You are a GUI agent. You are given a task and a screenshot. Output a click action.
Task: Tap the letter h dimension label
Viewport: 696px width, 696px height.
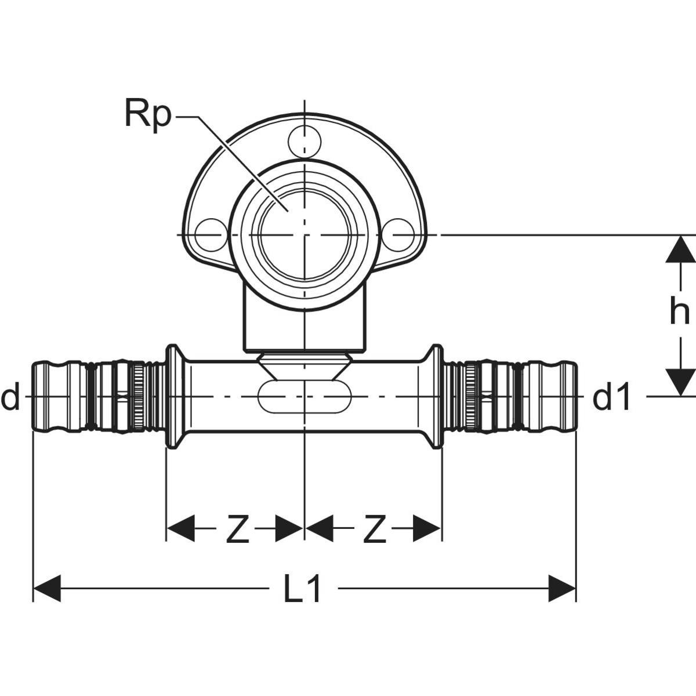pyautogui.click(x=679, y=312)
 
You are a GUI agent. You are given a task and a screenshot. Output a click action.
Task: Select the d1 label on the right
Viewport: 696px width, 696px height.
pyautogui.click(x=611, y=399)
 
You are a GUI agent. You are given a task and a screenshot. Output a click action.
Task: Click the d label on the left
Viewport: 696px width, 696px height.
pyautogui.click(x=10, y=398)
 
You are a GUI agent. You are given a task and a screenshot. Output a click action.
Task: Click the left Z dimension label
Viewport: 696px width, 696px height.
pyautogui.click(x=237, y=530)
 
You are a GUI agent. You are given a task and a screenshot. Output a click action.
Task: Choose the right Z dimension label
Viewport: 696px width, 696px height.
pyautogui.click(x=374, y=530)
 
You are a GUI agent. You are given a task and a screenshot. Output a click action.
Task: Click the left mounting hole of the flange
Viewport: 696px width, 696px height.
pyautogui.click(x=209, y=234)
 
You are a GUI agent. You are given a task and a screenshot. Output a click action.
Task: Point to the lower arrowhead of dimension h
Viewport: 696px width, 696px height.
pyautogui.click(x=680, y=382)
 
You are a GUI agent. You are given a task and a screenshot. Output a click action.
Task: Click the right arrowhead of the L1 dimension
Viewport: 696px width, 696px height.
pyautogui.click(x=561, y=589)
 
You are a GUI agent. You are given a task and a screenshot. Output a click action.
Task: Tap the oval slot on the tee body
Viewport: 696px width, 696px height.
pyautogui.click(x=304, y=398)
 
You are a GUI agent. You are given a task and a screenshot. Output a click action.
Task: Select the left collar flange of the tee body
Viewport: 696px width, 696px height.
pyautogui.click(x=172, y=397)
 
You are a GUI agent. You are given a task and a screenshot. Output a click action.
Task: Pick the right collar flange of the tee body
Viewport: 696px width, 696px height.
pyautogui.click(x=436, y=397)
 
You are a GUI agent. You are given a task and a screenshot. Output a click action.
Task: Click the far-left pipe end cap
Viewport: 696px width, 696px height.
pyautogui.click(x=50, y=397)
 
